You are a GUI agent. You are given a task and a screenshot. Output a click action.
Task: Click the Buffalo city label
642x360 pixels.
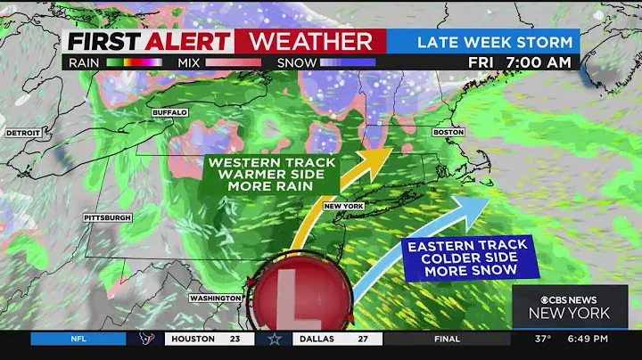tap(169, 112)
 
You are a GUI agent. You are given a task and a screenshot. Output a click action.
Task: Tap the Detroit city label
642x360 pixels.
tap(22, 133)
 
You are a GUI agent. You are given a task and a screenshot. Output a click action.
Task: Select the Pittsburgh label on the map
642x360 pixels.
tap(107, 217)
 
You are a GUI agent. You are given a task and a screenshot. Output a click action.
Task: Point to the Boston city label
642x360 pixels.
tap(449, 132)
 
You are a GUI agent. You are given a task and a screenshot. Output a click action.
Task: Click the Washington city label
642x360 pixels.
tap(214, 298)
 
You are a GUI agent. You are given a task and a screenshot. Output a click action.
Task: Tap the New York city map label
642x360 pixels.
tap(344, 206)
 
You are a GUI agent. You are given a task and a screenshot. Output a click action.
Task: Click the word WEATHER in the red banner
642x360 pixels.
tap(310, 41)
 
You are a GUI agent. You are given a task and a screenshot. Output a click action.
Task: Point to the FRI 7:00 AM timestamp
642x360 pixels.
tap(520, 63)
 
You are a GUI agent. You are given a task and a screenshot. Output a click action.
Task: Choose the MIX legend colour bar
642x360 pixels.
tap(233, 63)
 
